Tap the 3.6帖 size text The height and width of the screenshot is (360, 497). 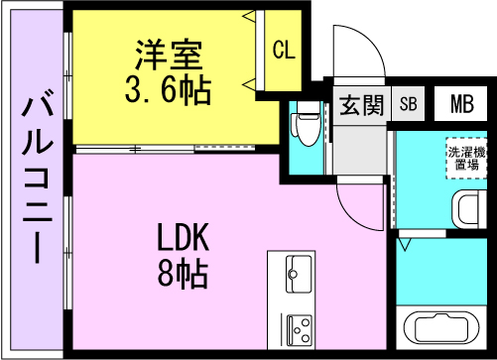tap(167, 90)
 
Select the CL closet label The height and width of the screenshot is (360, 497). tap(283, 51)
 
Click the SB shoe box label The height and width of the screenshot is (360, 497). tap(408, 104)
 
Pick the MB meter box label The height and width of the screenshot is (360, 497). tap(460, 104)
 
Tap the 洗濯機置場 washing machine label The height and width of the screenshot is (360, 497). tap(464, 159)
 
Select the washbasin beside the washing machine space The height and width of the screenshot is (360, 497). tap(467, 209)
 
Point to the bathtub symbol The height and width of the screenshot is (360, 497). tap(442, 330)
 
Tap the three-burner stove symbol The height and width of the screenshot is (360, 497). tap(298, 325)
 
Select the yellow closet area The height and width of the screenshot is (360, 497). tap(283, 50)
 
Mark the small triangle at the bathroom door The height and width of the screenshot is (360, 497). tap(405, 239)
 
